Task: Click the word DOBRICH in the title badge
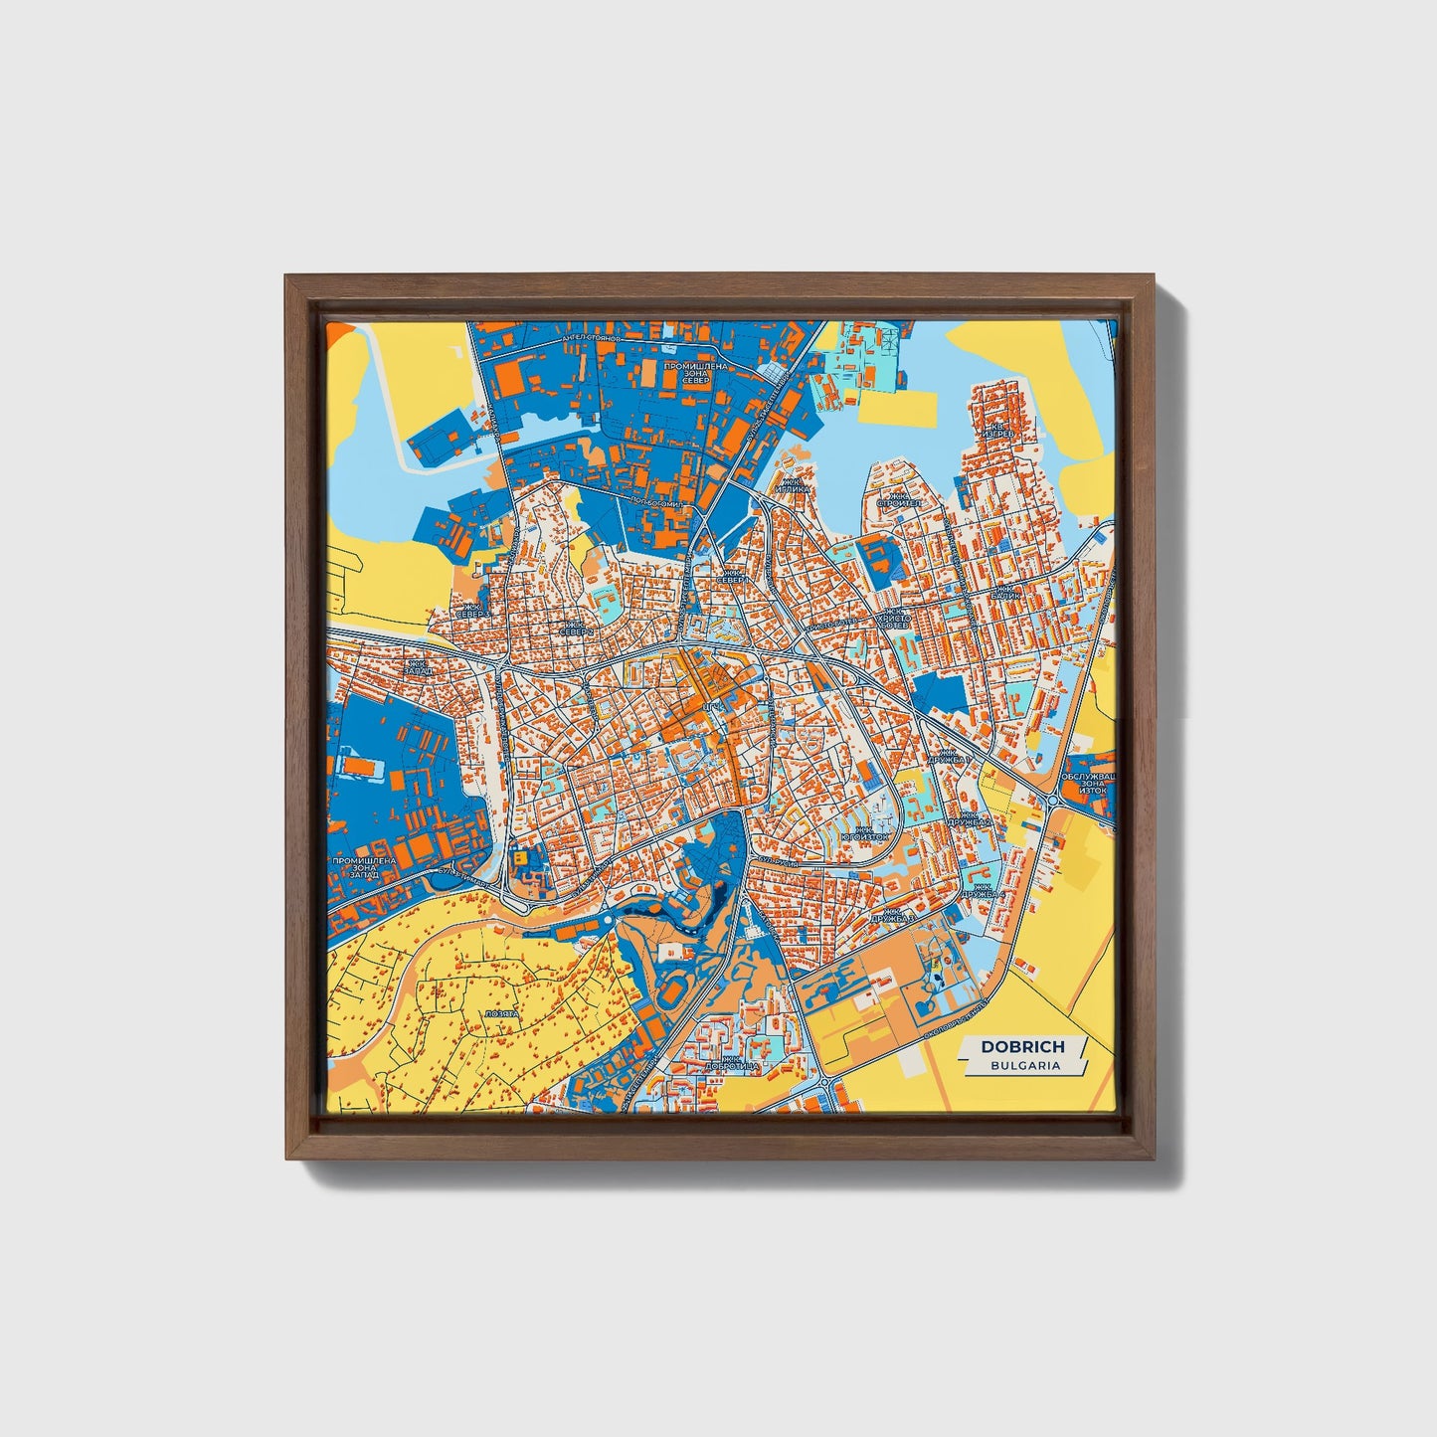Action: point(1022,1046)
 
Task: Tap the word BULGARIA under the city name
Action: point(1024,1065)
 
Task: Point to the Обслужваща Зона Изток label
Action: point(1090,785)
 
